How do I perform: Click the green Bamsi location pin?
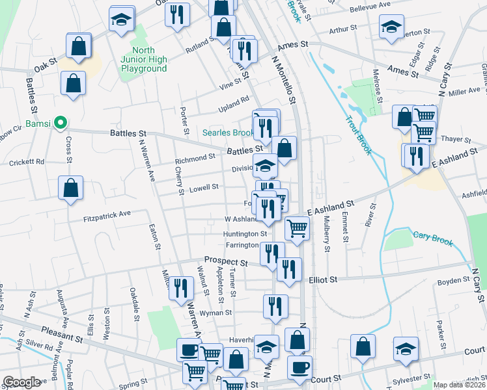coord(60,122)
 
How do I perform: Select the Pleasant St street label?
coord(61,335)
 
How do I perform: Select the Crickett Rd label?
coord(27,161)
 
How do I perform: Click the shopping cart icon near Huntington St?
coord(297,229)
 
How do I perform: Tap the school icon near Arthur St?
coord(391,28)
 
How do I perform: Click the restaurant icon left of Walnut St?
coord(181,287)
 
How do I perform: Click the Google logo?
coord(21,382)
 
